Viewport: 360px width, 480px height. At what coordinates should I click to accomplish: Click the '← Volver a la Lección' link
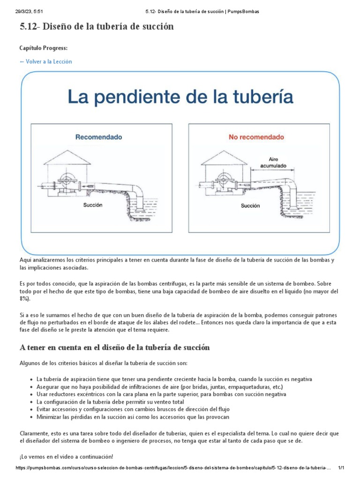point(45,61)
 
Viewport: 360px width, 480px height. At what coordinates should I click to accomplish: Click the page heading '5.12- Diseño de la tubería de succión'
point(97,27)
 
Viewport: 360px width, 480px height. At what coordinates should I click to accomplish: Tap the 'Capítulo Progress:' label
point(43,48)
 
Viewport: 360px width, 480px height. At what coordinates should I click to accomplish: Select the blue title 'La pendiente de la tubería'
point(180,97)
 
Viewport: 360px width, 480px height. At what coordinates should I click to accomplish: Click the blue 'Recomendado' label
point(99,137)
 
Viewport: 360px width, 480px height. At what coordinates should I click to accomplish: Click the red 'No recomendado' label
point(256,137)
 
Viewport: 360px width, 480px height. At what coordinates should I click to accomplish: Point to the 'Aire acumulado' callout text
point(273,163)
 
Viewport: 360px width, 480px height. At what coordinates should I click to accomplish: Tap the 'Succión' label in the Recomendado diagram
point(93,205)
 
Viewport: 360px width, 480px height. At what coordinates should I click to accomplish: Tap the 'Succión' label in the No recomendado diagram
point(250,205)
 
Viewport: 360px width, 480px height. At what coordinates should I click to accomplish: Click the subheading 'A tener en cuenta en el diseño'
point(114,347)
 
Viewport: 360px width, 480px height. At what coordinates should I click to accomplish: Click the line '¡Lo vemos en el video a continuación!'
point(66,457)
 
